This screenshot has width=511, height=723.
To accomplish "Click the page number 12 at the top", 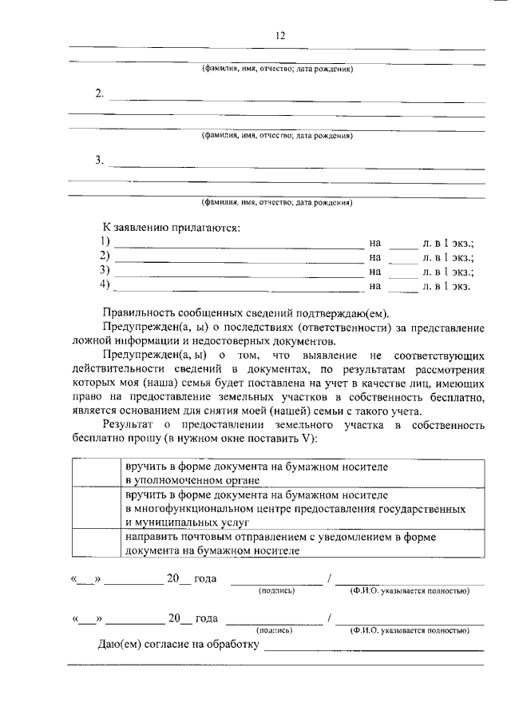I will [x=279, y=34].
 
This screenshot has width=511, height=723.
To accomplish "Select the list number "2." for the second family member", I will [x=100, y=93].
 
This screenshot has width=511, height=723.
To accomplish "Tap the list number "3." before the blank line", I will [x=100, y=160].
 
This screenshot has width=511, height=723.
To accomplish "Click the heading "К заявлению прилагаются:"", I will [x=171, y=227].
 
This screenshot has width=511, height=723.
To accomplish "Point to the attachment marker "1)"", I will [x=105, y=242].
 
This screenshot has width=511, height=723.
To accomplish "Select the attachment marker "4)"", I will [x=105, y=285].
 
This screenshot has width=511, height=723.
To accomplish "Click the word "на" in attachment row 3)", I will [x=375, y=271].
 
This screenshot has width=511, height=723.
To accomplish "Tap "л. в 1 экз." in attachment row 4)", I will [x=447, y=285].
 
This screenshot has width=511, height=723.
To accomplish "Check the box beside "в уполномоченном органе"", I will [x=95, y=473].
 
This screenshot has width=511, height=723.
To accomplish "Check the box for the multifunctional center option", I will [x=95, y=508].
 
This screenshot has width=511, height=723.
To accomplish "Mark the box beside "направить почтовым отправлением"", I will [x=95, y=544].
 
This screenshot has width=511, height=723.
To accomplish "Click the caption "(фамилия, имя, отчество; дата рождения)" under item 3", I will [x=277, y=203].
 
